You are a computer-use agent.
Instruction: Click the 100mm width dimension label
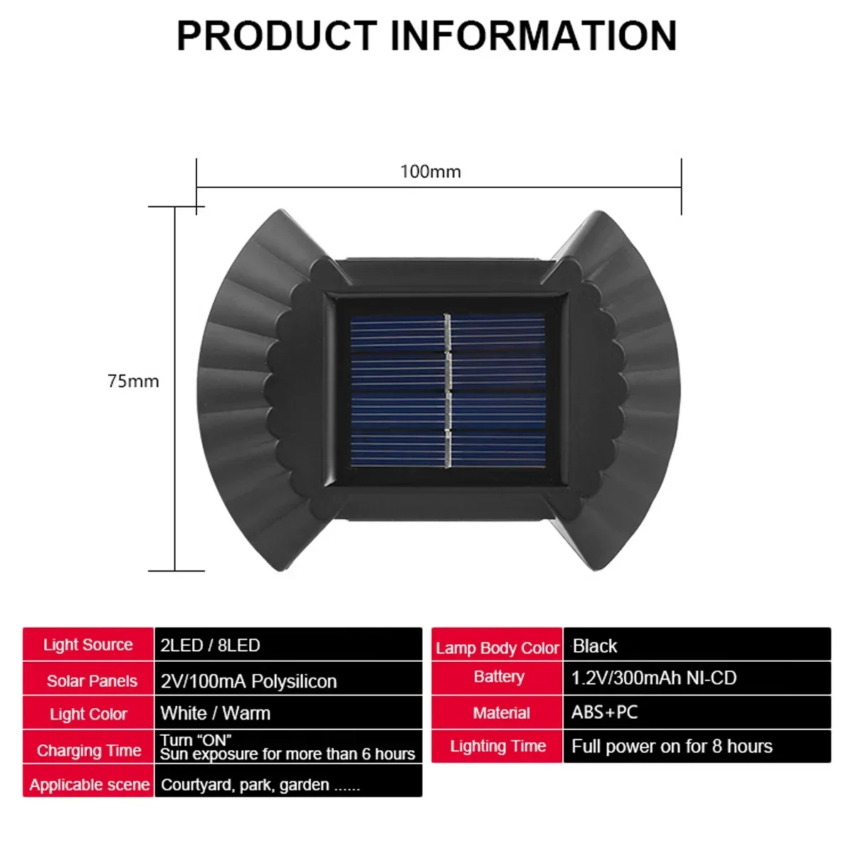tap(431, 172)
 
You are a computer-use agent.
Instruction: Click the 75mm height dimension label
tap(133, 381)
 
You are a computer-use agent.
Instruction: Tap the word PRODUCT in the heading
tap(277, 36)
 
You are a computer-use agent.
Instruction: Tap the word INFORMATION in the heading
tap(534, 36)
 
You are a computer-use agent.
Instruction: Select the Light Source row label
tap(88, 644)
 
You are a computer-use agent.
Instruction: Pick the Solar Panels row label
tap(92, 681)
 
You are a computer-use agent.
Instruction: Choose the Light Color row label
tap(88, 714)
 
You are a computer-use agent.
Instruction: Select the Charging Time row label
tap(89, 750)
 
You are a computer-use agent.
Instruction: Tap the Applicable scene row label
tap(89, 785)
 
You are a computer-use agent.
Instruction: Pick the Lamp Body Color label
tap(497, 648)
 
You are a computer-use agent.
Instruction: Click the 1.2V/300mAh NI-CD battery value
tap(654, 678)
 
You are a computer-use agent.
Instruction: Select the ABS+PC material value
tap(604, 712)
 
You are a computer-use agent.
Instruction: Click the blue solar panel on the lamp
tap(448, 391)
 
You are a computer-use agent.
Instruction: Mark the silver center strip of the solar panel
tap(448, 391)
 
